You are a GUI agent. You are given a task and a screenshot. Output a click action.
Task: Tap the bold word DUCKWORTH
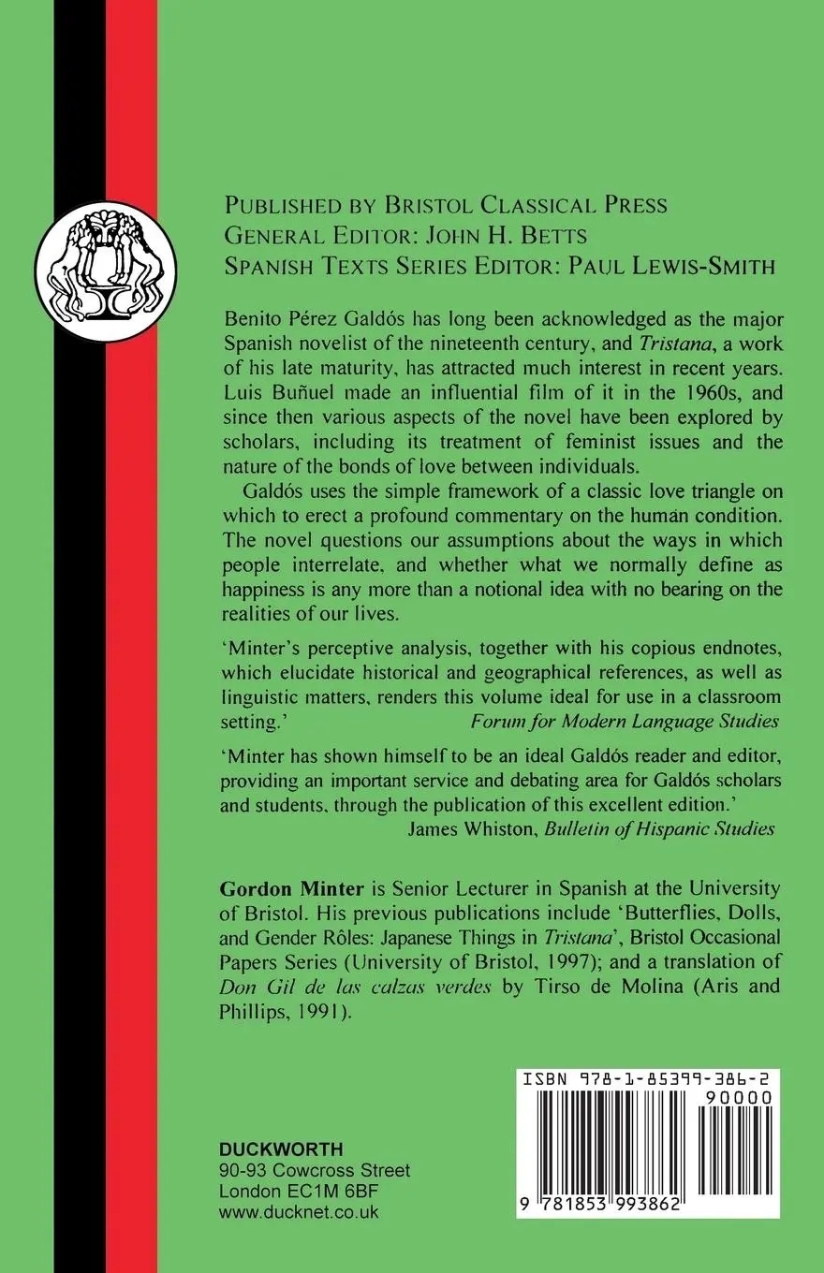click(x=281, y=1150)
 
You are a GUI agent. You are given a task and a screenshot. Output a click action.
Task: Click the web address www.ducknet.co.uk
click(x=299, y=1211)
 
